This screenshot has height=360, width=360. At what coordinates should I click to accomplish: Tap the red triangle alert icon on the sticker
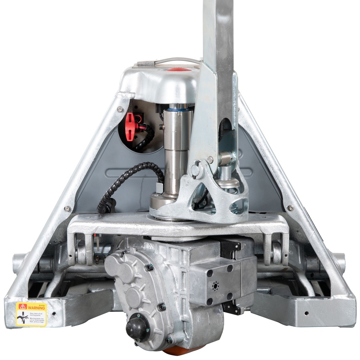(23, 307)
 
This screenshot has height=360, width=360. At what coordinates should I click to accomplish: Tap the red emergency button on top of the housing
(179, 70)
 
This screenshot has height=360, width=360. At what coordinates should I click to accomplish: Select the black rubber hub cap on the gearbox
(137, 328)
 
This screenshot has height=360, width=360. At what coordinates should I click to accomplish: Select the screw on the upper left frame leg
(120, 109)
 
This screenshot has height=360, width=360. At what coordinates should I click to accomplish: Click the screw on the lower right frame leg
(290, 208)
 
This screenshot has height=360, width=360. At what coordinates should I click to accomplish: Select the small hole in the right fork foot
(307, 313)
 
